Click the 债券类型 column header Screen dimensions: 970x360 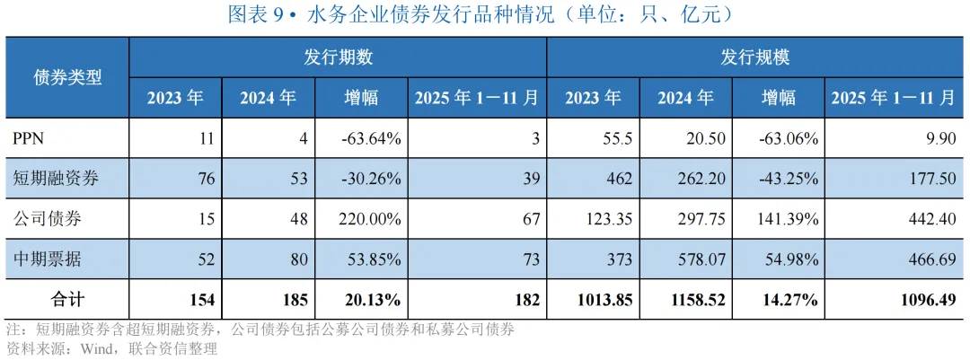(x=67, y=77)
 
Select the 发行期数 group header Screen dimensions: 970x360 (x=338, y=57)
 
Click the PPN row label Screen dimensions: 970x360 (x=27, y=138)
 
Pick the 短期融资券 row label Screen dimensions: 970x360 (x=48, y=179)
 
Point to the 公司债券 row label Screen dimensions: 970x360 (x=40, y=219)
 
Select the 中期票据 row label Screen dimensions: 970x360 (x=40, y=259)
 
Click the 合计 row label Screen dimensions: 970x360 (x=67, y=300)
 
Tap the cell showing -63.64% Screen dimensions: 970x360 (x=369, y=138)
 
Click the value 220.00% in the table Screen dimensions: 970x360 (x=369, y=219)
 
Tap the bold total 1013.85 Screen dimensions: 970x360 (x=605, y=300)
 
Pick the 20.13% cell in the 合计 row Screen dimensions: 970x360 (x=373, y=300)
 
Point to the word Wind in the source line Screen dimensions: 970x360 (x=93, y=347)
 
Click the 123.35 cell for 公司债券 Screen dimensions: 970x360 (x=609, y=219)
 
